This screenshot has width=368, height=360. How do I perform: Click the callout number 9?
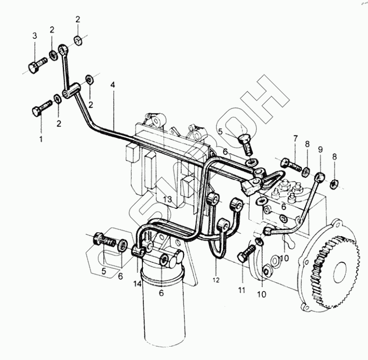tap(320, 149)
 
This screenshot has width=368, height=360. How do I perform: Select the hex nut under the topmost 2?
tap(79, 41)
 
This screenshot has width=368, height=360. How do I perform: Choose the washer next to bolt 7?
tap(306, 167)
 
